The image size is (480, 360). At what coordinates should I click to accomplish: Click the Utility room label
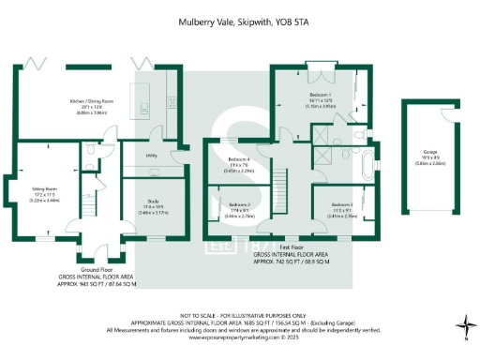[150, 157]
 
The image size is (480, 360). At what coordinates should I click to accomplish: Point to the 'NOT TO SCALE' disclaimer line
[239, 314]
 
